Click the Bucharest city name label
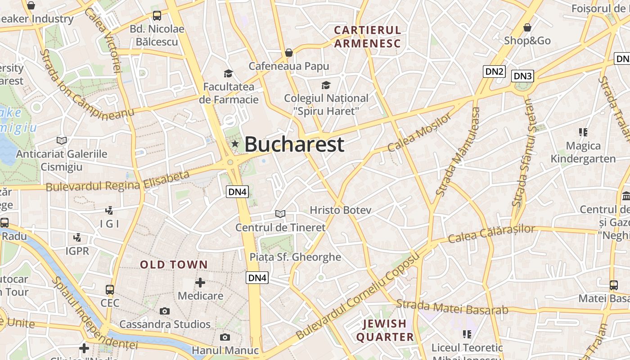(294, 144)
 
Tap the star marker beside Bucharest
(235, 144)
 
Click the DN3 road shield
(522, 76)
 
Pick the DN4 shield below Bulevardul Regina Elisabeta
(237, 192)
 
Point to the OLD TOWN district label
(174, 265)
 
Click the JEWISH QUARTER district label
(385, 330)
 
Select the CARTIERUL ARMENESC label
(367, 37)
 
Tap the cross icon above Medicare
(200, 283)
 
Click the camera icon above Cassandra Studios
(165, 311)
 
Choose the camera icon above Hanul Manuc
(225, 337)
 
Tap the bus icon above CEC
(110, 289)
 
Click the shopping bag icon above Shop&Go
(527, 28)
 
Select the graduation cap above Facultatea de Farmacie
(229, 73)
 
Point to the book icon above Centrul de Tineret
(280, 214)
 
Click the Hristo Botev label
(341, 210)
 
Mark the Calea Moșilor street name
(419, 132)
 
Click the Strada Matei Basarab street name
(452, 307)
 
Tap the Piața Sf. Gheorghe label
(296, 257)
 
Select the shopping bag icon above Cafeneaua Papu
(289, 53)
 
